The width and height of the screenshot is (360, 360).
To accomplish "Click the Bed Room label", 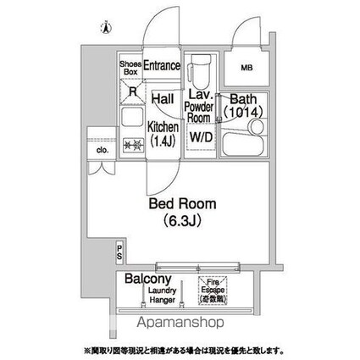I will pyautogui.click(x=183, y=204).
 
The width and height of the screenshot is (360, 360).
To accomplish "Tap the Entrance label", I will pyautogui.click(x=162, y=65).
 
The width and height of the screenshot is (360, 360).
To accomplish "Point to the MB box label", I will pyautogui.click(x=246, y=67).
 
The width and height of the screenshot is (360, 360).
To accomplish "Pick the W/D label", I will pyautogui.click(x=200, y=135).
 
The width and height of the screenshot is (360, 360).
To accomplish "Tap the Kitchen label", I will pyautogui.click(x=163, y=127).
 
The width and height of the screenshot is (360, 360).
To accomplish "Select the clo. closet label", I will pyautogui.click(x=102, y=152).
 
